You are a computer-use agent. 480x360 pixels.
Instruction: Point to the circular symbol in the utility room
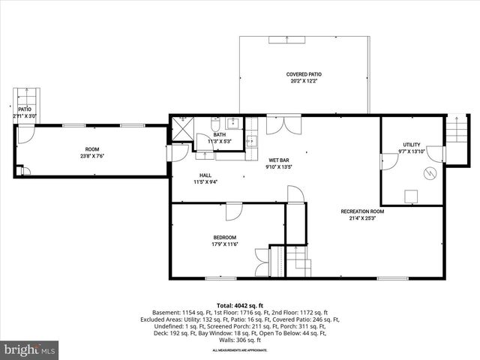[x=430, y=174]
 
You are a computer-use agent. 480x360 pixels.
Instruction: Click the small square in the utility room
[x=411, y=196]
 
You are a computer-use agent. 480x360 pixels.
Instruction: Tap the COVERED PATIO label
[x=304, y=74]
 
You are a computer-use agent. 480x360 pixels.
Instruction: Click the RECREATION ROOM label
[x=361, y=211]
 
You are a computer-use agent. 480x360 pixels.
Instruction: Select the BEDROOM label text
[x=225, y=238]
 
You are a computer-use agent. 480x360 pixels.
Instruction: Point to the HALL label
[x=205, y=175]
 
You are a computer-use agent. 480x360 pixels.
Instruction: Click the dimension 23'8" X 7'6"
[x=91, y=156]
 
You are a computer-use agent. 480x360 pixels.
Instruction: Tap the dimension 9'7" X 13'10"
[x=412, y=151]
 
